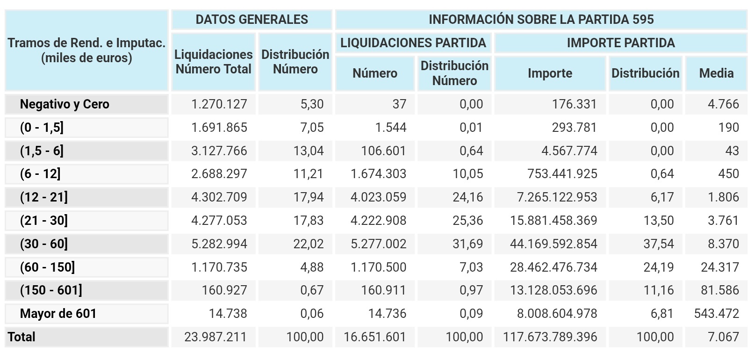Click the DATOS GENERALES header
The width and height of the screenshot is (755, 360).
pyautogui.click(x=252, y=20)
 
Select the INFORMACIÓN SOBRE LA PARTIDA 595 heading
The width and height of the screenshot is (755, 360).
pyautogui.click(x=541, y=20)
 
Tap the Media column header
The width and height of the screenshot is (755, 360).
pyautogui.click(x=716, y=73)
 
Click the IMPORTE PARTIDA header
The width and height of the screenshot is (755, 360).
pyautogui.click(x=620, y=43)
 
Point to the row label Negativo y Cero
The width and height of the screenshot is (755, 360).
pyautogui.click(x=65, y=104)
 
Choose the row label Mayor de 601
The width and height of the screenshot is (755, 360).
pyautogui.click(x=58, y=314)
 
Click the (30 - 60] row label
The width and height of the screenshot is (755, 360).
pyautogui.click(x=44, y=244)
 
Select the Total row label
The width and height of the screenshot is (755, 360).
pyautogui.click(x=22, y=337)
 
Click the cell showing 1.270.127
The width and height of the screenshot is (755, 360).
pyautogui.click(x=219, y=104)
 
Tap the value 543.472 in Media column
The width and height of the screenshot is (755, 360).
pyautogui.click(x=716, y=314)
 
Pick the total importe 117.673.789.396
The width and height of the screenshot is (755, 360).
pyautogui.click(x=550, y=337)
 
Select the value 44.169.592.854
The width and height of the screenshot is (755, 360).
pyautogui.click(x=553, y=244)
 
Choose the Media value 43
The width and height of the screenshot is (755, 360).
pyautogui.click(x=732, y=151)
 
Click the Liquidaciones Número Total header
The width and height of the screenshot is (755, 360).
pyautogui.click(x=213, y=62)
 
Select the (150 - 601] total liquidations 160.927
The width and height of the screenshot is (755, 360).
pyautogui.click(x=224, y=290)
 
